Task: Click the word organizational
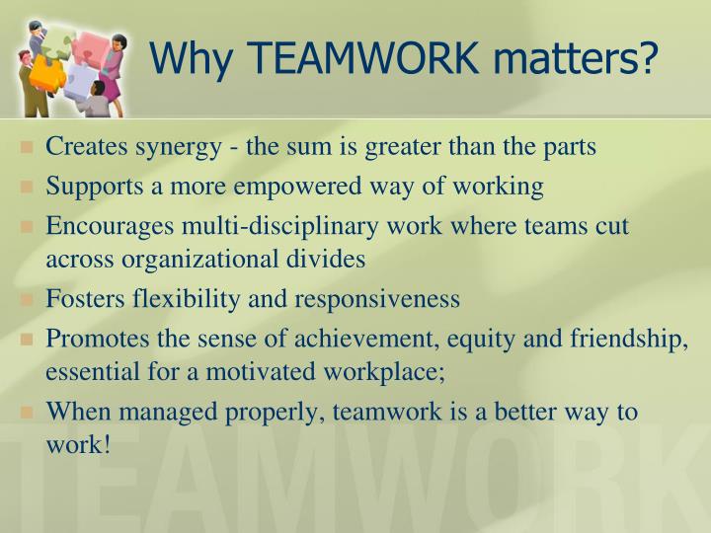point(188,260)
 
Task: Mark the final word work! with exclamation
point(77,446)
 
